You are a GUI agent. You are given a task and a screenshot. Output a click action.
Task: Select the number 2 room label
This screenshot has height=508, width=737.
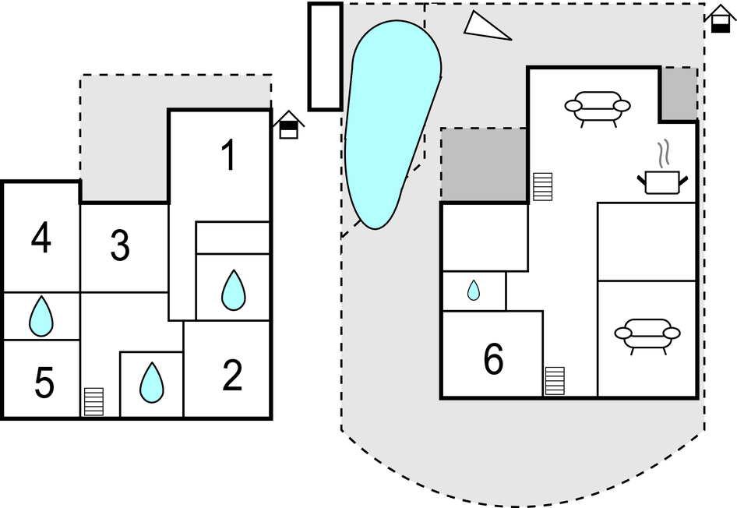232,376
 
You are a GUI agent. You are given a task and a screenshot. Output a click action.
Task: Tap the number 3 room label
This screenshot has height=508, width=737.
119,246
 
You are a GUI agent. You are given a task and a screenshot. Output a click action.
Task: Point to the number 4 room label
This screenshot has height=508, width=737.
41,238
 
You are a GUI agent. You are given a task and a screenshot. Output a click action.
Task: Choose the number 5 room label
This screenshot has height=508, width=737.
44,383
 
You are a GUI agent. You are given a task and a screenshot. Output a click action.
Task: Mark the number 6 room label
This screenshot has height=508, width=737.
493,358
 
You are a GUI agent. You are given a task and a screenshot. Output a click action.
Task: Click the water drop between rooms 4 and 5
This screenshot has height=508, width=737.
41,316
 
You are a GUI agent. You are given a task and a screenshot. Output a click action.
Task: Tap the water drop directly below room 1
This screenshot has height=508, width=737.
233,290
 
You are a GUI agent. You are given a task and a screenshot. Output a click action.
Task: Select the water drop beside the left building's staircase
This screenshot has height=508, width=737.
151,383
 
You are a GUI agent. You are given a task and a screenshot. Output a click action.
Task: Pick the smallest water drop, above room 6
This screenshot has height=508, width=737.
474,291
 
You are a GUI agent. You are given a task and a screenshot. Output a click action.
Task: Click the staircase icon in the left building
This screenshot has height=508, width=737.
93,401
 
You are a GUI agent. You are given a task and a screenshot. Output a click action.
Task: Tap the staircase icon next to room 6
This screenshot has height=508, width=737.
555,380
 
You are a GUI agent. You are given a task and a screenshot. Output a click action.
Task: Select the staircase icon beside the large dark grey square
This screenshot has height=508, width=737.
543,187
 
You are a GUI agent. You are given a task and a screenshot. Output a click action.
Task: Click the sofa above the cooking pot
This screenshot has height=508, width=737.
598,108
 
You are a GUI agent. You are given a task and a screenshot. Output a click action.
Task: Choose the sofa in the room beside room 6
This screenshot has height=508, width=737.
647,336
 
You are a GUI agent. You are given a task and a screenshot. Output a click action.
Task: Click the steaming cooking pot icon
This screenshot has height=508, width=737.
663,178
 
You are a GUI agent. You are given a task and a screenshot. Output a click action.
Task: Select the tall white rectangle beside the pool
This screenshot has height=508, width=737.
325,56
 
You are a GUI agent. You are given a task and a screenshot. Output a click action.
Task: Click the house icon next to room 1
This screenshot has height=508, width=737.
288,125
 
